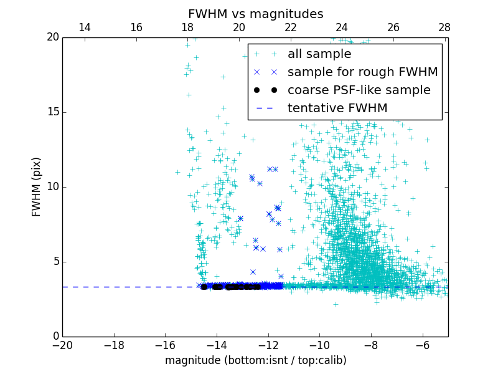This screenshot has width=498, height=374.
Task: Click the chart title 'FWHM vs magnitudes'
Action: (x=255, y=14)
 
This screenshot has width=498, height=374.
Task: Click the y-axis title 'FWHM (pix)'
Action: (x=37, y=187)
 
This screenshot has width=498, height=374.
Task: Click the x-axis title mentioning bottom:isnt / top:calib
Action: (x=255, y=360)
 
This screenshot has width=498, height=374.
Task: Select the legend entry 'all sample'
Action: (x=319, y=54)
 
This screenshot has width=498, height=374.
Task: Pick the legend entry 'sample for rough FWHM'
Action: (x=362, y=72)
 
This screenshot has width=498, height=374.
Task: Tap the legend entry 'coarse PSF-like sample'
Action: (x=359, y=90)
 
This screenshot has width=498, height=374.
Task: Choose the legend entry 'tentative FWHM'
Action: (x=337, y=108)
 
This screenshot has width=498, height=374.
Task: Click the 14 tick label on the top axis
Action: (x=85, y=27)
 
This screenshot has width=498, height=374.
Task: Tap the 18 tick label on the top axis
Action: (x=187, y=27)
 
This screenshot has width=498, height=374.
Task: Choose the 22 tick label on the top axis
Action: (x=290, y=27)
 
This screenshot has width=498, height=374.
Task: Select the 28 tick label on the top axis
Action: (x=444, y=27)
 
